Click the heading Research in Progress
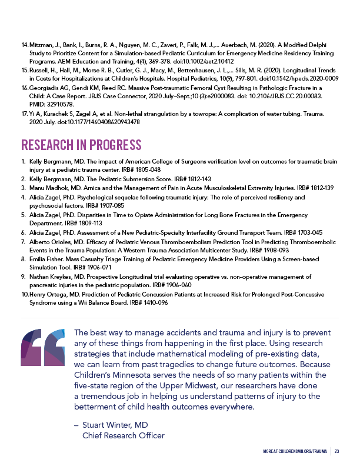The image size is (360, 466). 81,145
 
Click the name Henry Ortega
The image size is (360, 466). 48,294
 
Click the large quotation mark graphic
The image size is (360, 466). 43,348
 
